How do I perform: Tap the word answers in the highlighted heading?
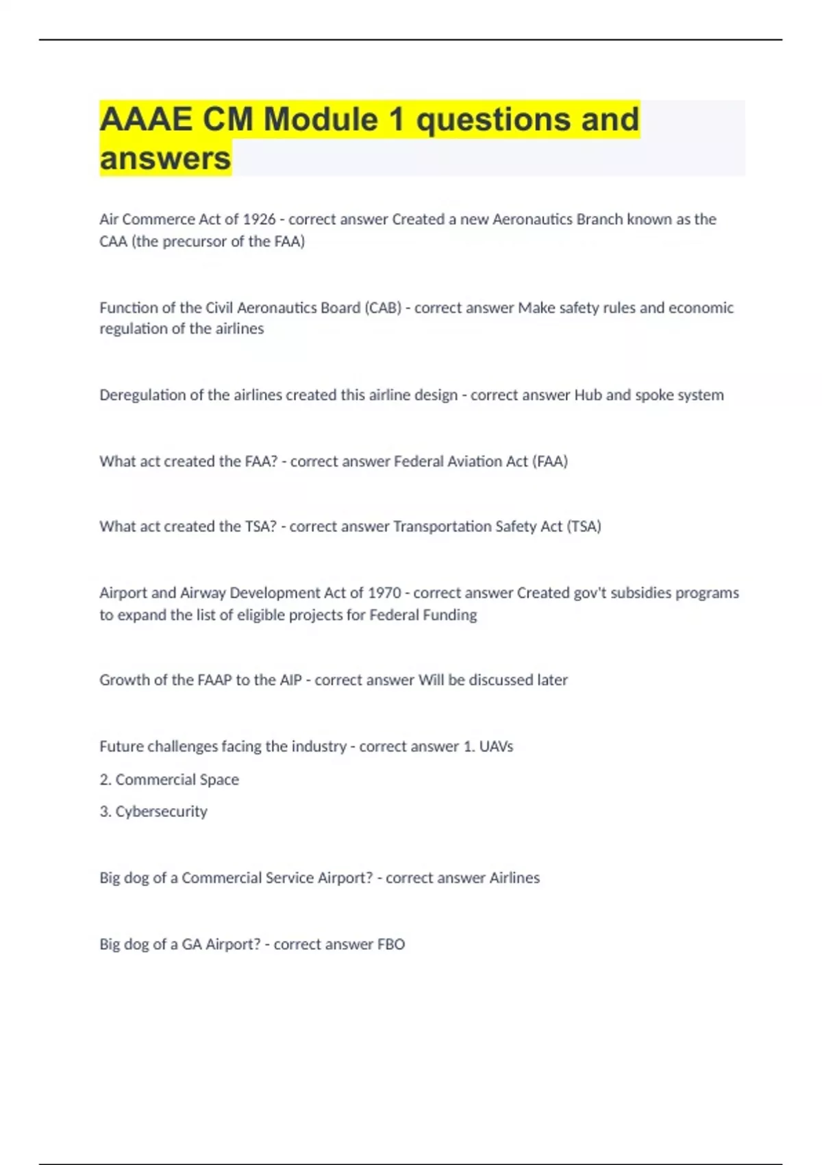pyautogui.click(x=165, y=158)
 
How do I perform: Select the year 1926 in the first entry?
pyautogui.click(x=259, y=219)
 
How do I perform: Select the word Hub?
pyautogui.click(x=588, y=395)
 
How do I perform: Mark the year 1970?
pyautogui.click(x=384, y=593)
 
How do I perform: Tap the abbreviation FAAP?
pyautogui.click(x=214, y=680)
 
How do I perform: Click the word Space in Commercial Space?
pyautogui.click(x=219, y=779)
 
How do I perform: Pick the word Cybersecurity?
pyautogui.click(x=161, y=811)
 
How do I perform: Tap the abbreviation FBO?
pyautogui.click(x=391, y=944)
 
